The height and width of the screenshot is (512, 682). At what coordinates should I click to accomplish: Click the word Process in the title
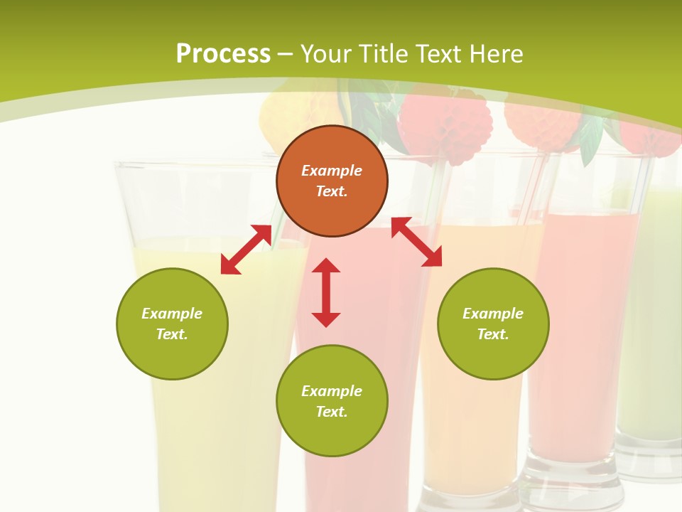[223, 54]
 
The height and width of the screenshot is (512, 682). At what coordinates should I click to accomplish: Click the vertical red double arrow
[326, 293]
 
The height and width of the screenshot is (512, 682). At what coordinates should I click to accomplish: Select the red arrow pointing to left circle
[246, 250]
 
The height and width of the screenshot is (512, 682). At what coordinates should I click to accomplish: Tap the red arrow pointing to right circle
[416, 242]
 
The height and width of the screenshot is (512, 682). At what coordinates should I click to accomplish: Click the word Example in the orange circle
[332, 171]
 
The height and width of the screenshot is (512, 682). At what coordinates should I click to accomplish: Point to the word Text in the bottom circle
[332, 412]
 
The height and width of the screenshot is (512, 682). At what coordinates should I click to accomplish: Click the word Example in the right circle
[493, 314]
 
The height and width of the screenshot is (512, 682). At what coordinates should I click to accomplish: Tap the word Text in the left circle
[172, 334]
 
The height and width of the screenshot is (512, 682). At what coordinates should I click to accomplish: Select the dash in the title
[285, 54]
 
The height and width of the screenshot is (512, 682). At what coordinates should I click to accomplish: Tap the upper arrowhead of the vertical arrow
[326, 266]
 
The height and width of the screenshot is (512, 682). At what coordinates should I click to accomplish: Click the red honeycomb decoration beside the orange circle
[445, 124]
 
